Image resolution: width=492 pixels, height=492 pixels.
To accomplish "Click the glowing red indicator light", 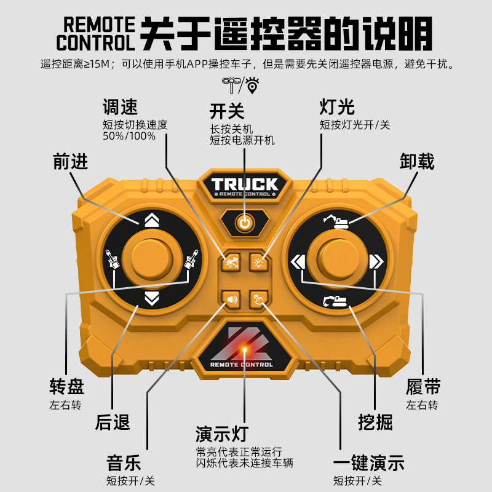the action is tap(245, 350).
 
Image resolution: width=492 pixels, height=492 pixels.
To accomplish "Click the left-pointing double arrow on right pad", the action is tap(298, 261).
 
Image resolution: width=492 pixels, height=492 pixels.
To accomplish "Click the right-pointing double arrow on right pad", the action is tap(376, 261).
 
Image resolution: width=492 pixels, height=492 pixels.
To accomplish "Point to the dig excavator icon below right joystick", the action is tap(335, 301).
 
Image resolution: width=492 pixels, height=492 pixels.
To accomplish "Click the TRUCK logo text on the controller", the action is tap(245, 184).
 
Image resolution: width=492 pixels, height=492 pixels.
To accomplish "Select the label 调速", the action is tap(119, 108).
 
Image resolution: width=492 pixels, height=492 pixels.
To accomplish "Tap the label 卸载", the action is tap(417, 162).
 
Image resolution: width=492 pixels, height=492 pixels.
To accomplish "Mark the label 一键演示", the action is tap(368, 463).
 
